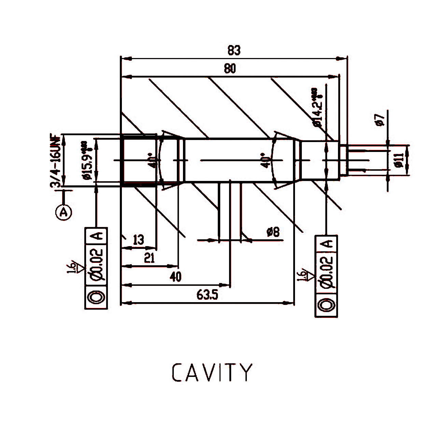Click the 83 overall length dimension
pos(234,50)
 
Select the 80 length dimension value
pos(230,69)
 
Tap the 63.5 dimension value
pos(207,295)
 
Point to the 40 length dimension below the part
pos(175,277)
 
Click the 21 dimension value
pos(149,258)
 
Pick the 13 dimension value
pos(138,240)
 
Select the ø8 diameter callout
pos(273,232)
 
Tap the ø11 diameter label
pos(399,160)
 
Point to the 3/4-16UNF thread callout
pos(56,160)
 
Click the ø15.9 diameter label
pos(87,160)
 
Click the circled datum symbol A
pos(64,212)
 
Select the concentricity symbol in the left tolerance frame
pos(96,297)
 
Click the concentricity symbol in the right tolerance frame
pos(326,305)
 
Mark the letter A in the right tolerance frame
pos(327,243)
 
